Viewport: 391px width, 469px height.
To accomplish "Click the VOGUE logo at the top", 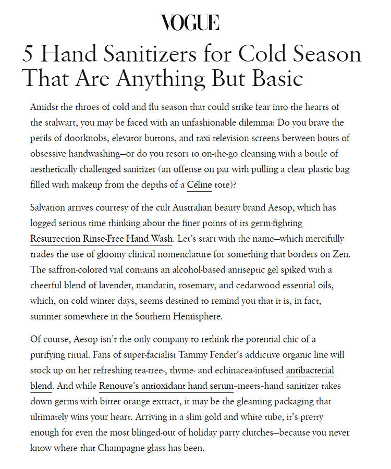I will (x=190, y=22).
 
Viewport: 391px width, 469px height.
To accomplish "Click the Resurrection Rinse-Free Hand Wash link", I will (x=101, y=239).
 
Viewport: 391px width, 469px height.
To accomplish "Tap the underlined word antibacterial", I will (x=310, y=371).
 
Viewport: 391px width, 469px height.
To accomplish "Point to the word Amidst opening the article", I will (x=45, y=107).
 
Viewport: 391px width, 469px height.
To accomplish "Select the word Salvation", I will (x=49, y=207).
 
